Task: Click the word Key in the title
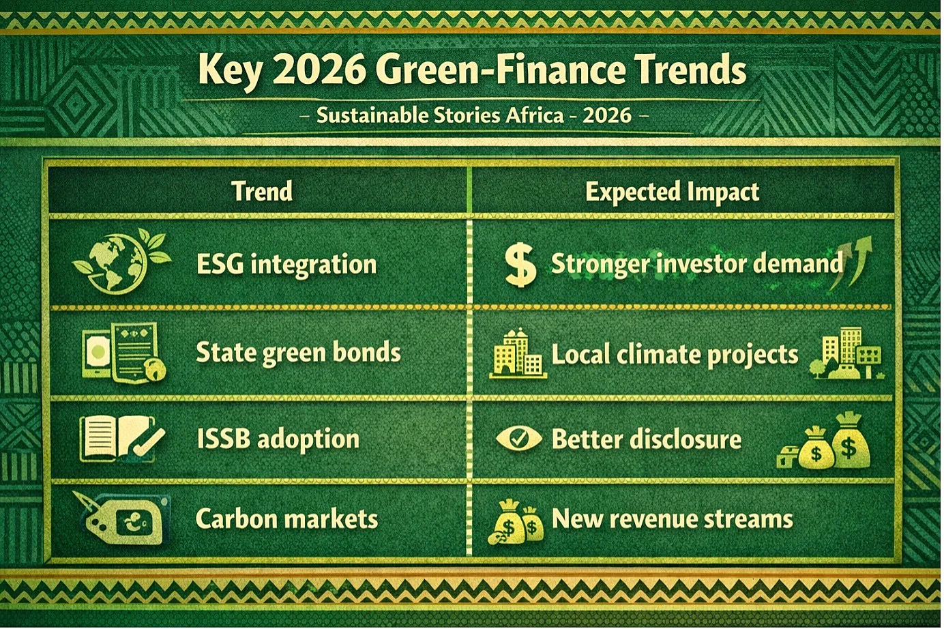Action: click(x=230, y=72)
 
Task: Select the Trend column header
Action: click(x=262, y=191)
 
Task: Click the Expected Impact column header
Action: click(x=672, y=192)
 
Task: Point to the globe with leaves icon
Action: click(x=121, y=261)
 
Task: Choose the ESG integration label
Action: click(x=286, y=265)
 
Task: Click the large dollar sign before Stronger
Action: click(x=521, y=265)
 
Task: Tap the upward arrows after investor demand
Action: click(x=850, y=263)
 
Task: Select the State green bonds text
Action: click(x=298, y=353)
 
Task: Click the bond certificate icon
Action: click(x=123, y=353)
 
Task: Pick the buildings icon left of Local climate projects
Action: click(x=518, y=353)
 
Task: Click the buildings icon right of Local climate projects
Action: click(x=846, y=353)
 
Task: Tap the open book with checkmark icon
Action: click(x=122, y=440)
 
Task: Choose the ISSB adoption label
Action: click(x=278, y=439)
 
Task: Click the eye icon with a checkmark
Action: click(x=518, y=439)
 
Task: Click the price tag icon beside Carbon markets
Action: click(x=122, y=519)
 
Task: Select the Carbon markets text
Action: click(x=286, y=518)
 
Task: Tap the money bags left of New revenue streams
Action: click(x=516, y=523)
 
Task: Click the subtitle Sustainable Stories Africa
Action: click(x=440, y=115)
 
